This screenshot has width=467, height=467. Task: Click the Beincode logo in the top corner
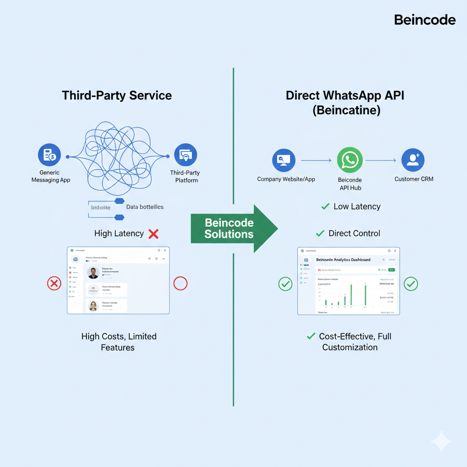tap(424, 20)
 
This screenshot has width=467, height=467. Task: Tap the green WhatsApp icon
tap(350, 160)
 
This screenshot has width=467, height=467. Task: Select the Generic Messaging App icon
tap(49, 156)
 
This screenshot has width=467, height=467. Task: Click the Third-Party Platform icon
tap(186, 156)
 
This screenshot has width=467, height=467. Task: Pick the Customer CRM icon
tap(413, 160)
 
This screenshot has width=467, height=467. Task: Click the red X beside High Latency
tap(154, 234)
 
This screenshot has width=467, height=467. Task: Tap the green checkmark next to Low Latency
tap(325, 207)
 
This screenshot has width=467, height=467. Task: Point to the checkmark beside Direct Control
tap(320, 233)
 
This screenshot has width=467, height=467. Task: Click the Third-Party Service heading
tap(117, 96)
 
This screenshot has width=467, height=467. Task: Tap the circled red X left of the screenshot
tap(54, 284)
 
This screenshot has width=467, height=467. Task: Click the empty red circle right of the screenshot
tap(181, 284)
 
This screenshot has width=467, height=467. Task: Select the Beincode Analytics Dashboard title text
tap(343, 260)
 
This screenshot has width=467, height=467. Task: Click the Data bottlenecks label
tap(145, 207)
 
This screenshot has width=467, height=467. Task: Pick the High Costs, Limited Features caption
tap(119, 342)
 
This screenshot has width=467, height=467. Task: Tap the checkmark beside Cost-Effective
tap(311, 336)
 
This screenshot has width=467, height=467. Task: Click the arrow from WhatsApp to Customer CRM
tap(381, 161)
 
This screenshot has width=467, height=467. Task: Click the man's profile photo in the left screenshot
tap(93, 273)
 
